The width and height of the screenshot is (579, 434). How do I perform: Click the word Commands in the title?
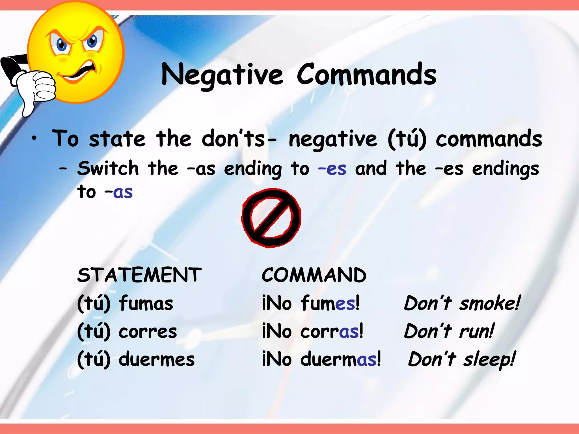pyautogui.click(x=366, y=74)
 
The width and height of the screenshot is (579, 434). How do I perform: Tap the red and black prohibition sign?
pyautogui.click(x=271, y=218)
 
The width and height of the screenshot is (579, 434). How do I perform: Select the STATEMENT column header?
pyautogui.click(x=139, y=275)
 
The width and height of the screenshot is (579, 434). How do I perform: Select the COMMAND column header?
pyautogui.click(x=314, y=275)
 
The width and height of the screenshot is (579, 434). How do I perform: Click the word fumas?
pyautogui.click(x=146, y=303)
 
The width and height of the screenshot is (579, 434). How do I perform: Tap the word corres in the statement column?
pyautogui.click(x=148, y=331)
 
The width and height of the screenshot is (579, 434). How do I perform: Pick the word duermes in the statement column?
pyautogui.click(x=157, y=359)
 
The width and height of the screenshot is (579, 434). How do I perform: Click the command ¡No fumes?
pyautogui.click(x=311, y=303)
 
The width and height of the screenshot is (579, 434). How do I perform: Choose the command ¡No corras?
pyautogui.click(x=313, y=331)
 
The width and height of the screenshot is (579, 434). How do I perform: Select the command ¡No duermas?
pyautogui.click(x=321, y=359)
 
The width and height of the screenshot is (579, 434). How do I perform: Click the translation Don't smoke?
pyautogui.click(x=462, y=303)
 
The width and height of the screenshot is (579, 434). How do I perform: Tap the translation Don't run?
pyautogui.click(x=449, y=331)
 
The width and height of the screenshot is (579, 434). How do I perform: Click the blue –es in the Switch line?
pyautogui.click(x=332, y=169)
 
